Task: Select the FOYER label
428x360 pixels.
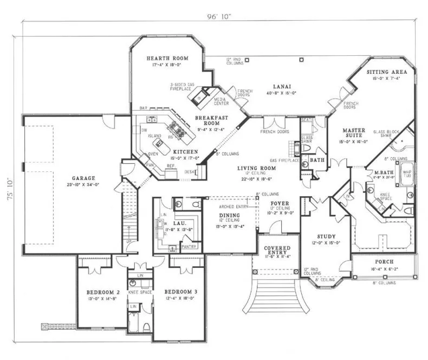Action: click(280, 203)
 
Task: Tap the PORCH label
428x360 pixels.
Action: click(384, 261)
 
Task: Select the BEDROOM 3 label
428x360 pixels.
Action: click(180, 292)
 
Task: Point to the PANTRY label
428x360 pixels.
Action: click(189, 247)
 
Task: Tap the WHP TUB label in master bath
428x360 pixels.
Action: click(406, 173)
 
